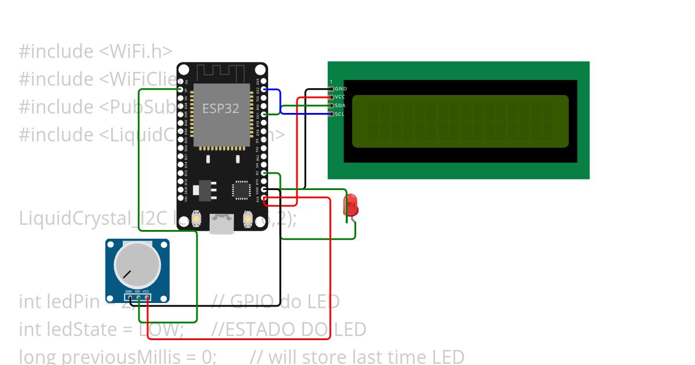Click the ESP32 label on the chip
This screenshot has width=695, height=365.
pyautogui.click(x=220, y=108)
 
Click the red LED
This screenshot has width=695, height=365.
pyautogui.click(x=350, y=206)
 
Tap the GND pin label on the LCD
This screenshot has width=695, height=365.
pyautogui.click(x=341, y=89)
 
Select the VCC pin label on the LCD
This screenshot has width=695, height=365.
pyautogui.click(x=340, y=97)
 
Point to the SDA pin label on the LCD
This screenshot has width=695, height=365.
pyautogui.click(x=340, y=105)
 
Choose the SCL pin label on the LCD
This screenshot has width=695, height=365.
pyautogui.click(x=340, y=114)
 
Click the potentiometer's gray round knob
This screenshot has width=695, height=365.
pyautogui.click(x=137, y=264)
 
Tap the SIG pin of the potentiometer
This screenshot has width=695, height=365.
pyautogui.click(x=138, y=298)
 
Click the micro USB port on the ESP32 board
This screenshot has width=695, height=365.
pyautogui.click(x=222, y=225)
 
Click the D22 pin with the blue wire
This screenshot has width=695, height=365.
pyautogui.click(x=264, y=89)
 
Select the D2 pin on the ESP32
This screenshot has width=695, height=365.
pyautogui.click(x=264, y=173)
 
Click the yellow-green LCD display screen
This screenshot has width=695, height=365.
pyautogui.click(x=460, y=121)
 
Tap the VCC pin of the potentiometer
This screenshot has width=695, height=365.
pyautogui.click(x=147, y=298)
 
